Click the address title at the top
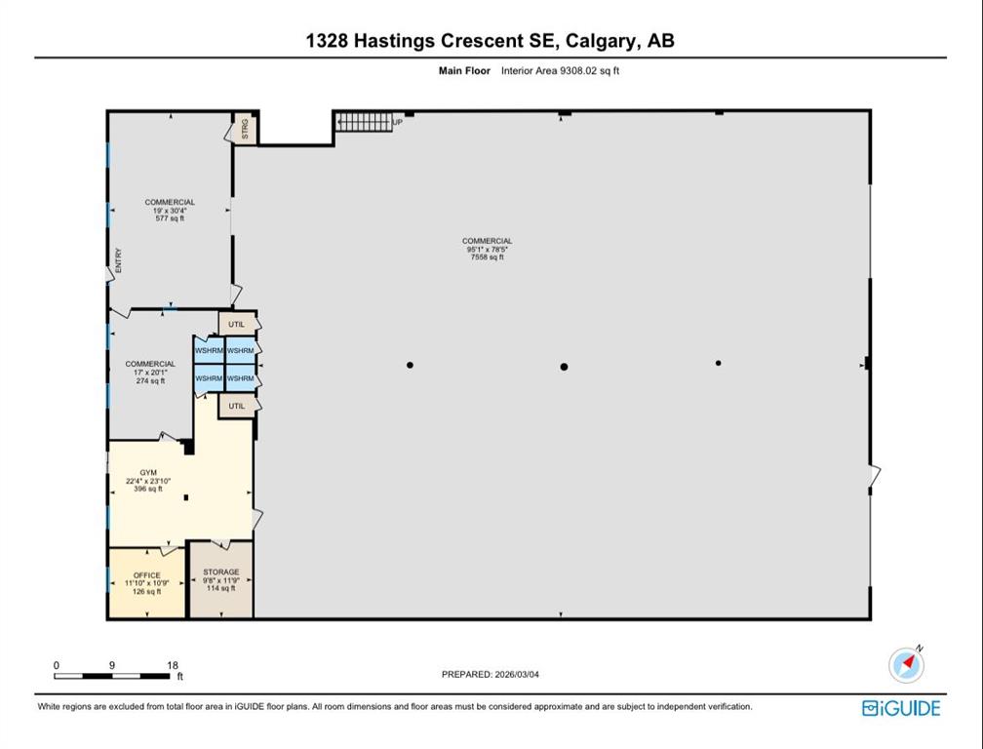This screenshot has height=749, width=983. pyautogui.click(x=490, y=40)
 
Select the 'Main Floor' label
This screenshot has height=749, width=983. pyautogui.click(x=463, y=70)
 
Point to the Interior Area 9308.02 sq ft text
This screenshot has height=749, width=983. pyautogui.click(x=560, y=70)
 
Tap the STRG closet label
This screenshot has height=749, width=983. pyautogui.click(x=245, y=129)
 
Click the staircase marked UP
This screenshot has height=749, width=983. pyautogui.click(x=364, y=122)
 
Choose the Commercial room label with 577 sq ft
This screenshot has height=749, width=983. pyautogui.click(x=170, y=210)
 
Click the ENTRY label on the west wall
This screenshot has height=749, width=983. pyautogui.click(x=118, y=259)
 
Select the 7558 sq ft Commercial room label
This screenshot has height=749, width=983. pyautogui.click(x=487, y=249)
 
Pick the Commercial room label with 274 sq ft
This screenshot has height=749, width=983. pyautogui.click(x=150, y=372)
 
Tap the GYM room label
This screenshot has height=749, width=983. pyautogui.click(x=148, y=480)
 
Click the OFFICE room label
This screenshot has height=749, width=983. pyautogui.click(x=146, y=582)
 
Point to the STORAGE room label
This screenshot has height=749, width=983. pyautogui.click(x=220, y=579)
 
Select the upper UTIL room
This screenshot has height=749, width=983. pyautogui.click(x=236, y=324)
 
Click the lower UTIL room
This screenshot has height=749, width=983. pyautogui.click(x=236, y=406)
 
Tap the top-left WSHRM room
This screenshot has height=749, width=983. pyautogui.click(x=209, y=350)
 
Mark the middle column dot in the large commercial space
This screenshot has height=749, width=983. pyautogui.click(x=564, y=367)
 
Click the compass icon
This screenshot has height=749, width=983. pyautogui.click(x=907, y=664)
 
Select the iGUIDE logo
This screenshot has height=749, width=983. pyautogui.click(x=901, y=708)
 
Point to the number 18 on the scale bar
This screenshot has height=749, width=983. pyautogui.click(x=173, y=665)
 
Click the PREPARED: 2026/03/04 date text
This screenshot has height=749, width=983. pyautogui.click(x=491, y=674)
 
